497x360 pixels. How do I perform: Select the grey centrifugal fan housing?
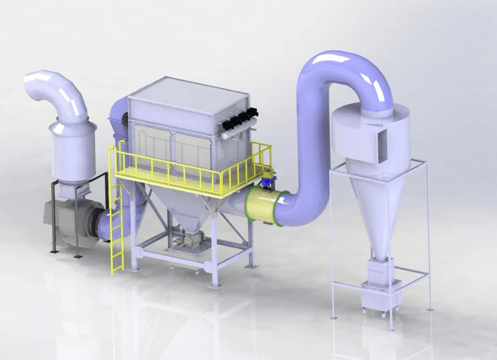(70, 222)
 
